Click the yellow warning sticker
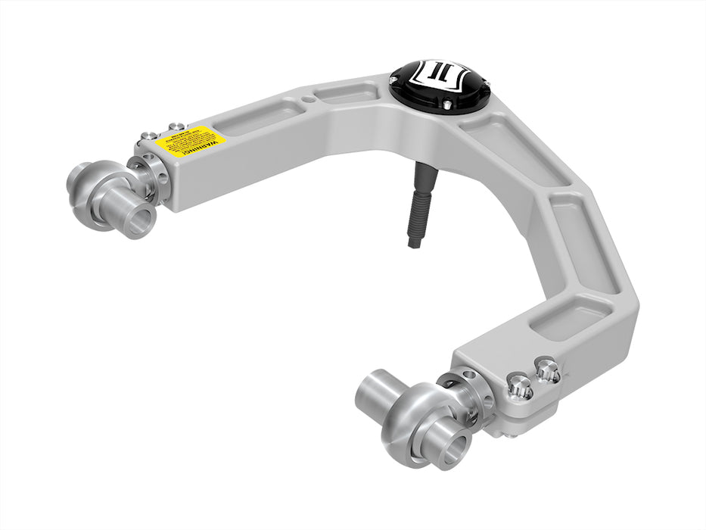tap(191, 141)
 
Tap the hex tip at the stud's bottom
tap(415, 242)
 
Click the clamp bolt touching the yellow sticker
tap(176, 126)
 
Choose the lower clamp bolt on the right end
tap(519, 388)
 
